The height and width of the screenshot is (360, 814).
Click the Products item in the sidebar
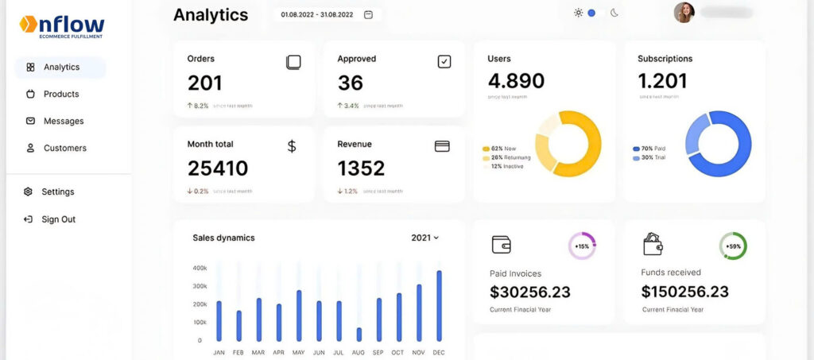[60, 94]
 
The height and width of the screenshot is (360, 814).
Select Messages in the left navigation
[63, 121]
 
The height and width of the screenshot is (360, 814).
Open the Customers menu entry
[64, 148]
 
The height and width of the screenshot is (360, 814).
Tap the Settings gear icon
[29, 192]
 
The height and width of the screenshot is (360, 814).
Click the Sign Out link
[58, 219]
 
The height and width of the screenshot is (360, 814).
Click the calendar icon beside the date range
[368, 14]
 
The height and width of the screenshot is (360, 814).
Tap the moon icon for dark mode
[614, 13]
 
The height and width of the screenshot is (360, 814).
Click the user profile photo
[684, 13]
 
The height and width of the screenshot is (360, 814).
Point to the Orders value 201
[205, 83]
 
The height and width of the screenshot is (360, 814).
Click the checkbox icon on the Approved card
[444, 61]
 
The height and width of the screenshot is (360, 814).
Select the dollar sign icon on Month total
[292, 146]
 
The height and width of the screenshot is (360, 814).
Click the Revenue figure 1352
[361, 168]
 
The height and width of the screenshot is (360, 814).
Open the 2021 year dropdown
[425, 238]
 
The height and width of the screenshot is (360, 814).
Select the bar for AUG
[359, 334]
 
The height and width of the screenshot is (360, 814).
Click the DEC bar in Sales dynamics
[439, 306]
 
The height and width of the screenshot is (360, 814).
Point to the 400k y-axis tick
[200, 268]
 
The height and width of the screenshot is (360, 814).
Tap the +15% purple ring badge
[582, 246]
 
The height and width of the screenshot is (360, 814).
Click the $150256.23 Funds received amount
[684, 292]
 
